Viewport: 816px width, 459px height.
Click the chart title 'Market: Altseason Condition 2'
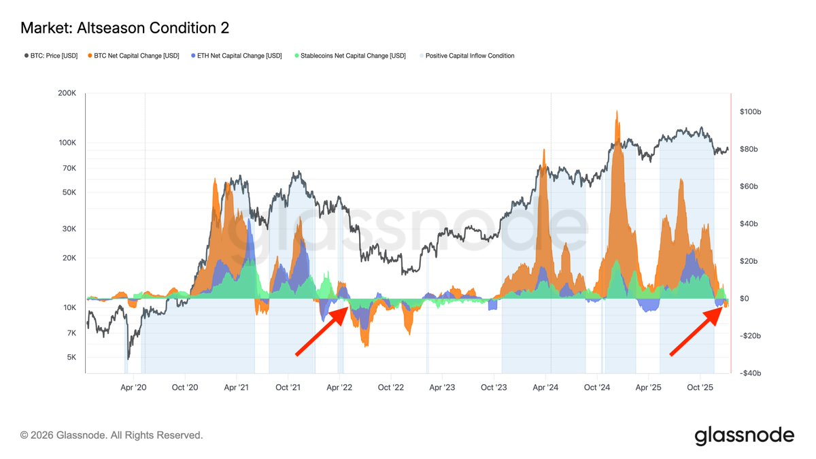(x=124, y=28)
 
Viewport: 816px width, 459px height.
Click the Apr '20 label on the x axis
(x=133, y=388)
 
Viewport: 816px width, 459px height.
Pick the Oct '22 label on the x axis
(x=391, y=388)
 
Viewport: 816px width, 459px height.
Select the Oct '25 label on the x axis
(x=699, y=388)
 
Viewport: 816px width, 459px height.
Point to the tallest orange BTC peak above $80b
(x=616, y=112)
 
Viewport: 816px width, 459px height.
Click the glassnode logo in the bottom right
(x=744, y=435)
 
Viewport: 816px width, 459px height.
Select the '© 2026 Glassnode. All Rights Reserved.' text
(x=112, y=435)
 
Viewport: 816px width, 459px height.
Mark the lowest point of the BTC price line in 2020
(x=127, y=358)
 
